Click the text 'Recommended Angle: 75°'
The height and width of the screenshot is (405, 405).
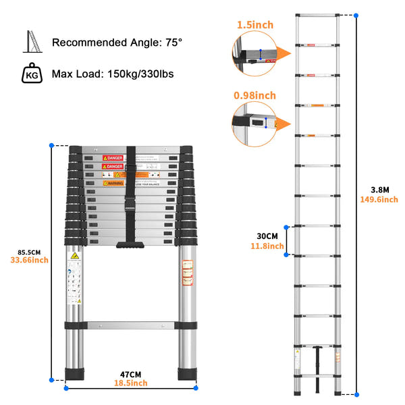coord(117,43)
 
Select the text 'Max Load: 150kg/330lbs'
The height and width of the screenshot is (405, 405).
coord(113,72)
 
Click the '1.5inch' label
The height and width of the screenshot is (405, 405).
coord(254,25)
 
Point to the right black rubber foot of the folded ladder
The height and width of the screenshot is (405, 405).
coord(187,375)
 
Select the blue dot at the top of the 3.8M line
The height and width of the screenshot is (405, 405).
coord(356,15)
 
